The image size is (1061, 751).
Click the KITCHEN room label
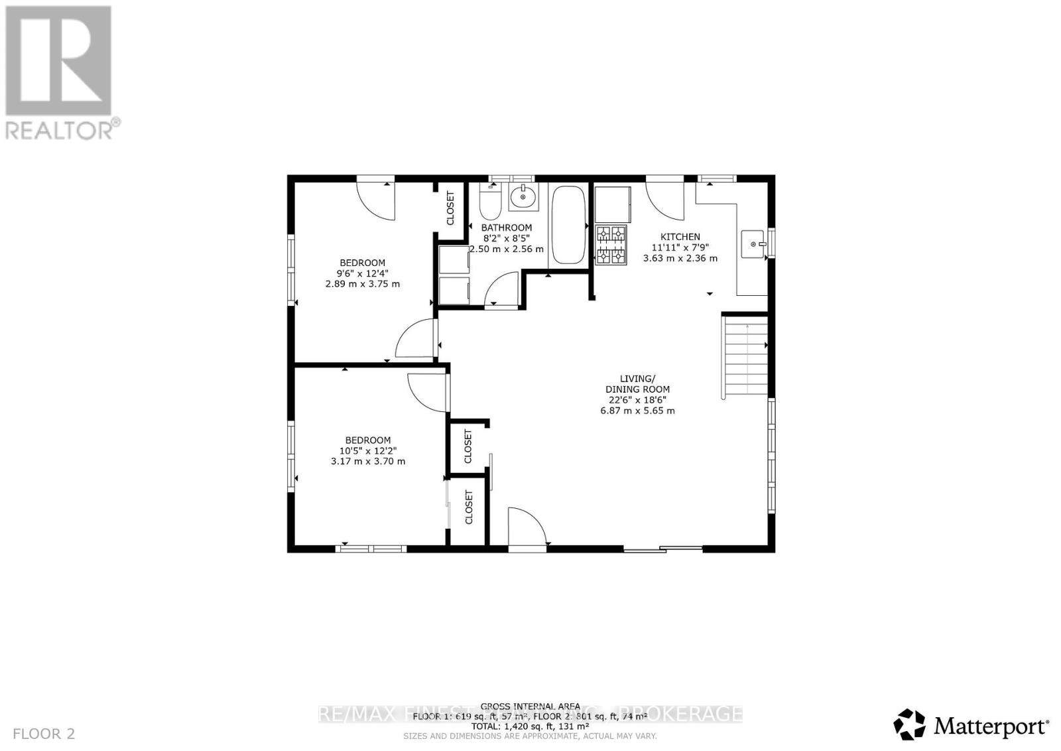[x=680, y=237]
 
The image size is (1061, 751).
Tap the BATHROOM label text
[x=507, y=228]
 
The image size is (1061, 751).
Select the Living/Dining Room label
[x=637, y=384]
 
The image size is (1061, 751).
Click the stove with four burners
[x=611, y=245]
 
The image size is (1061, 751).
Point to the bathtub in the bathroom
[x=568, y=225]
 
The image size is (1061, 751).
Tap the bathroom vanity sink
[x=524, y=196]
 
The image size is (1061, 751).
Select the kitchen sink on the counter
[x=753, y=243]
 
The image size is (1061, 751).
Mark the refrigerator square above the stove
[x=613, y=204]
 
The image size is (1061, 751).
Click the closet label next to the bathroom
[x=450, y=208]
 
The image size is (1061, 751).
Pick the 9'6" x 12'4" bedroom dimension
[x=362, y=273]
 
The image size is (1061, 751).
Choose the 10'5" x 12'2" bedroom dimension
[x=367, y=450]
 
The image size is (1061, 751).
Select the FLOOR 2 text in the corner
[x=44, y=734]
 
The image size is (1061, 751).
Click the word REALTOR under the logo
[x=60, y=129]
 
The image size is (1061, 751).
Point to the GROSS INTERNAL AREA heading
[x=530, y=707]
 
